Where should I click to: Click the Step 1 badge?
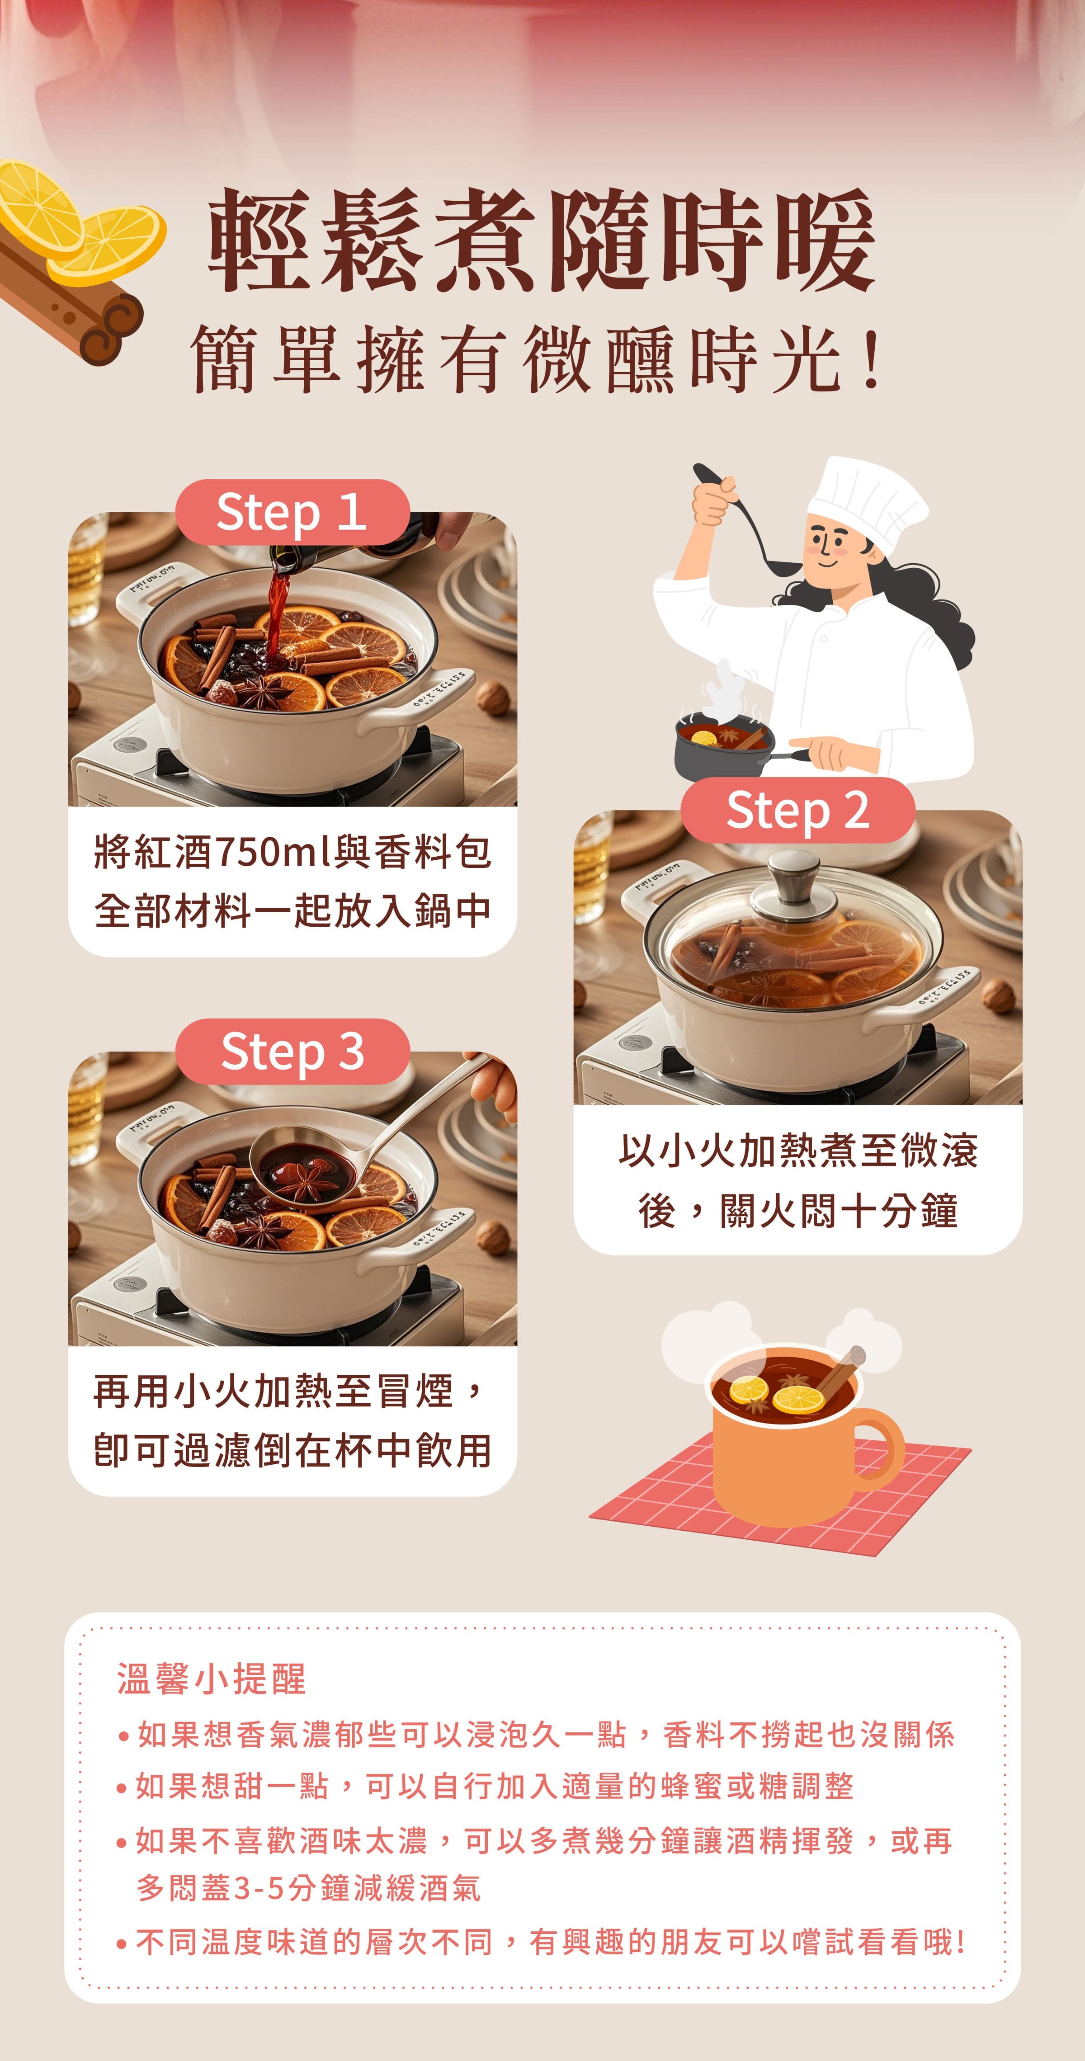[292, 512]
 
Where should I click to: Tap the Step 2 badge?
[798, 811]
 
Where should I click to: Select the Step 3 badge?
[292, 1052]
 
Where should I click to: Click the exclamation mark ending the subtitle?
[872, 360]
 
